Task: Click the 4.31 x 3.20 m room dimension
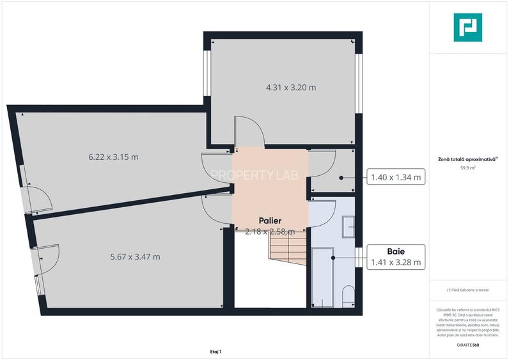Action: click(282, 88)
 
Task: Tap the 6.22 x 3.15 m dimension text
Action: click(113, 157)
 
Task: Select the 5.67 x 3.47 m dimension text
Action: click(135, 257)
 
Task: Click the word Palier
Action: click(270, 221)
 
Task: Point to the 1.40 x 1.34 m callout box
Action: click(396, 177)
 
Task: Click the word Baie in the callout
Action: click(396, 251)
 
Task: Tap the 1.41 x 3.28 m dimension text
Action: click(396, 262)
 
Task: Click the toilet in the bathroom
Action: click(349, 295)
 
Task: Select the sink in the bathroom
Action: click(349, 227)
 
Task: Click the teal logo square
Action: click(467, 27)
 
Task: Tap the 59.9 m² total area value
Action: click(467, 168)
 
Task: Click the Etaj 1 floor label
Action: click(215, 352)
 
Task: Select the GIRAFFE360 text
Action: click(467, 345)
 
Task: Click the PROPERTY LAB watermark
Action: click(251, 175)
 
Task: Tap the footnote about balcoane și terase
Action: click(467, 290)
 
